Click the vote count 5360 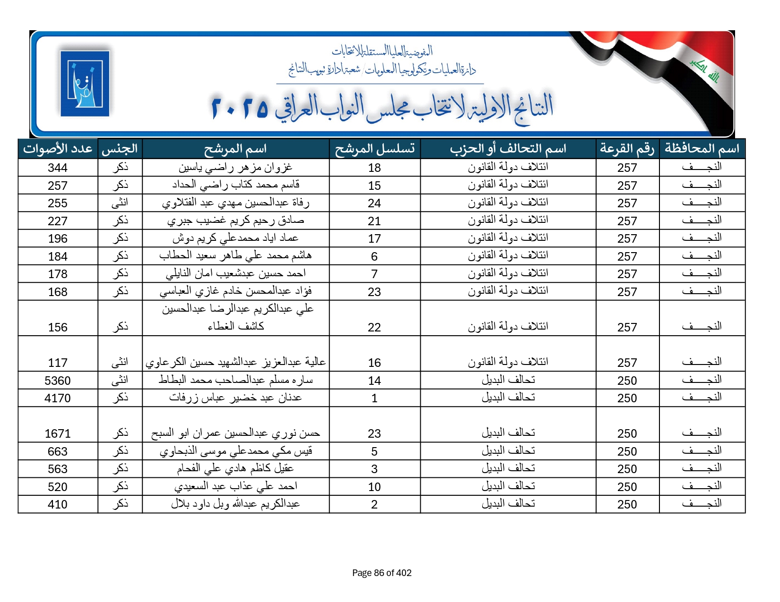click(x=58, y=381)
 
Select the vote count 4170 click(x=58, y=398)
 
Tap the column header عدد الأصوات click(x=58, y=149)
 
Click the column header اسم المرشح click(x=235, y=149)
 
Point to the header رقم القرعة click(x=627, y=149)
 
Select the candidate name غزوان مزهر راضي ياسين click(x=235, y=167)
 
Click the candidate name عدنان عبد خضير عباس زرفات click(x=235, y=398)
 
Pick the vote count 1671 click(x=58, y=433)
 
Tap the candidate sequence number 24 click(x=374, y=203)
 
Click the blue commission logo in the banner click(x=85, y=83)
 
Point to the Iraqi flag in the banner click(x=685, y=71)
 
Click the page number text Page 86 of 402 click(x=381, y=573)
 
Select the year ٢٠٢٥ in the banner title click(x=240, y=108)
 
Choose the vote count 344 click(x=58, y=168)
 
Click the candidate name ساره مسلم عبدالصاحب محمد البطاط click(x=235, y=380)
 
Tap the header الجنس click(x=120, y=149)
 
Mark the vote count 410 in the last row click(x=58, y=504)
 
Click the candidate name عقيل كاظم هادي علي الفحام click(x=235, y=468)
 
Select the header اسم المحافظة click(x=702, y=149)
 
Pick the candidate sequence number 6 click(x=374, y=256)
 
